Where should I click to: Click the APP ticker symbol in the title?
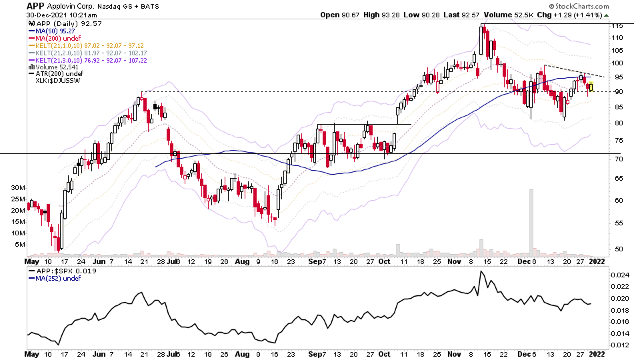point(36,5)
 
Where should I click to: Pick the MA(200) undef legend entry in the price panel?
point(56,38)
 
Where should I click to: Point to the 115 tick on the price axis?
point(619,25)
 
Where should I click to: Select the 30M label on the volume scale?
point(19,188)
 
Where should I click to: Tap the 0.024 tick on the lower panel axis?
point(621,275)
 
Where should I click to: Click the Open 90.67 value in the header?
point(339,15)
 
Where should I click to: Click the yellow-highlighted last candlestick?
point(591,86)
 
